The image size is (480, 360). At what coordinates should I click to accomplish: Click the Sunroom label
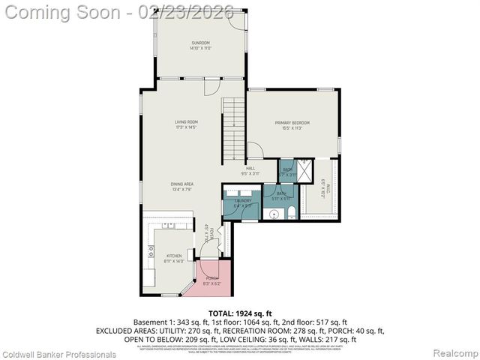199,44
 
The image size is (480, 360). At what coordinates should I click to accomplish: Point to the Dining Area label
182,186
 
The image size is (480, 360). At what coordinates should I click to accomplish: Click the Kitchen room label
174,258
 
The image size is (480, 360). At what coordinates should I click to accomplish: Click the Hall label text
250,170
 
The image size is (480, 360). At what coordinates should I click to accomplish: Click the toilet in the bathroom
289,213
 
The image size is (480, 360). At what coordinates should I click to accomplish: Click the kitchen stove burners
152,251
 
